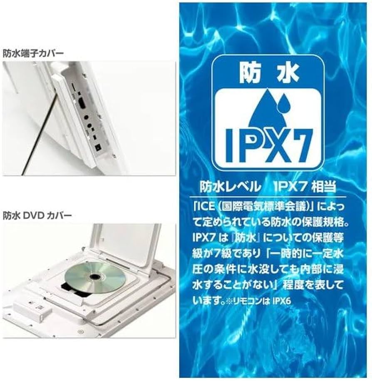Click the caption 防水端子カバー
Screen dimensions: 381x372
33,53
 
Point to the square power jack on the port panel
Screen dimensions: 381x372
98,147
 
